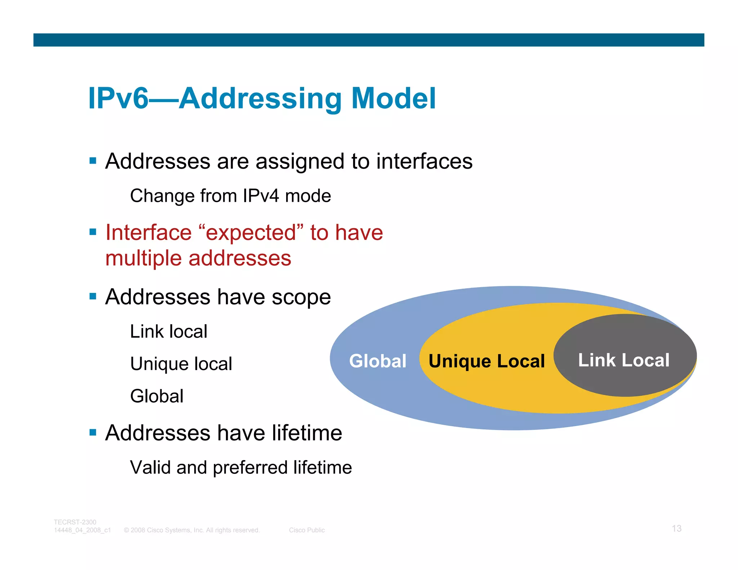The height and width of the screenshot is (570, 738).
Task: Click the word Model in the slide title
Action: (394, 98)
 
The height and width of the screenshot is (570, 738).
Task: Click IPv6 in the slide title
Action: (118, 98)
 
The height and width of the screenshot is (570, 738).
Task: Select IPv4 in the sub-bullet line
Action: (261, 196)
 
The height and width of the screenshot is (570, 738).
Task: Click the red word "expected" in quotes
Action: (251, 233)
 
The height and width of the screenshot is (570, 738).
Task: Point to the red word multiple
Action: (143, 259)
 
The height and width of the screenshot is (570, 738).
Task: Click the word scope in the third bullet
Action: (301, 297)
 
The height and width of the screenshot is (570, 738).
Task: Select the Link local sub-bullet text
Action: (169, 331)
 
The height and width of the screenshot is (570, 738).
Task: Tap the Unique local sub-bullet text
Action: (181, 364)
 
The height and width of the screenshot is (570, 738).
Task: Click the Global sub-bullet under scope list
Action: (157, 396)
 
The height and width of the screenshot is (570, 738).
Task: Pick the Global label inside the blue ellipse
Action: (378, 361)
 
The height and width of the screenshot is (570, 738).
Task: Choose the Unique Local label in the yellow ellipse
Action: (486, 361)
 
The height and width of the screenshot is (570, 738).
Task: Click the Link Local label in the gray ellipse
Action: (624, 360)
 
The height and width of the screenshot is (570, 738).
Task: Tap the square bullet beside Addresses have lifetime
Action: (93, 432)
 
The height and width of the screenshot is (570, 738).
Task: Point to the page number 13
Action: (676, 529)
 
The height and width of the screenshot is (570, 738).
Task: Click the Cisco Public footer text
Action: (307, 530)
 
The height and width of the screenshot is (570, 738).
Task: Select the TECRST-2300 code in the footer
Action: (75, 522)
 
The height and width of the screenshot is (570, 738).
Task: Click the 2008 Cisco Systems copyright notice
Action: (192, 530)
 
